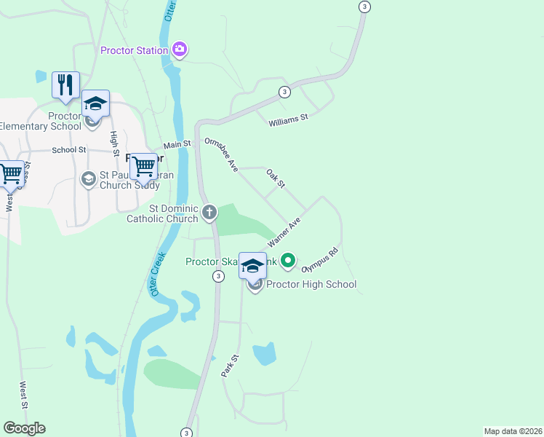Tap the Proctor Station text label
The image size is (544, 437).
pyautogui.click(x=134, y=50)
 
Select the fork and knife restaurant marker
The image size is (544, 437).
pyautogui.click(x=65, y=84)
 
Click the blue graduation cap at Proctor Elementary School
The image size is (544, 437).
pyautogui.click(x=95, y=103)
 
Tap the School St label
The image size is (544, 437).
pyautogui.click(x=69, y=150)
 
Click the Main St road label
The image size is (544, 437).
pyautogui.click(x=176, y=145)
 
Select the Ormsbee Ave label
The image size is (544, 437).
pyautogui.click(x=222, y=155)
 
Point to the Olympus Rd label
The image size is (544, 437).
pyautogui.click(x=320, y=259)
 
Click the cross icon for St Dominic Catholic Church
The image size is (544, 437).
pyautogui.click(x=209, y=213)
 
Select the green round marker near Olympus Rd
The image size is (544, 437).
pyautogui.click(x=288, y=259)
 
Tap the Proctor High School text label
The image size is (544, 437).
pyautogui.click(x=311, y=284)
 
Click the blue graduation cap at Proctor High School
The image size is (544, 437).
pyautogui.click(x=252, y=266)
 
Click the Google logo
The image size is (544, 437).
pyautogui.click(x=24, y=428)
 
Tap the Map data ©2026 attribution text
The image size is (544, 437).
pyautogui.click(x=513, y=430)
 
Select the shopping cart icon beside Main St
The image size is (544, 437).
pyautogui.click(x=143, y=167)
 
